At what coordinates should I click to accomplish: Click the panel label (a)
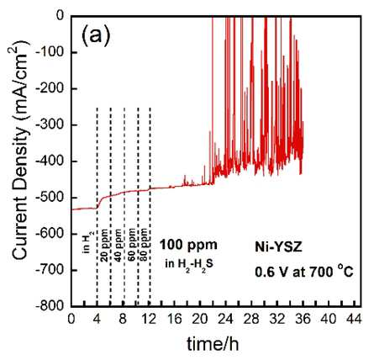click(96, 35)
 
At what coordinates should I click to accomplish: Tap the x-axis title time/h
click(213, 344)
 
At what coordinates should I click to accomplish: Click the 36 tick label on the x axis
click(303, 320)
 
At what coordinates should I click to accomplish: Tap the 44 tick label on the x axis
click(354, 320)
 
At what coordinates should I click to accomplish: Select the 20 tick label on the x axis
click(201, 320)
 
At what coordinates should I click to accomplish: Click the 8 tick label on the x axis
click(123, 320)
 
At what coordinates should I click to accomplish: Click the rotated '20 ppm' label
click(104, 246)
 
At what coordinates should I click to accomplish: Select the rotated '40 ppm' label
click(119, 246)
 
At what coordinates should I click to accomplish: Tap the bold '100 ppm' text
click(189, 245)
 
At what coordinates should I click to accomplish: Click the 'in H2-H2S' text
click(189, 264)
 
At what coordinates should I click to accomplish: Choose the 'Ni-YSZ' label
click(278, 247)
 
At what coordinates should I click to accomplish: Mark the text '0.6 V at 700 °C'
click(304, 272)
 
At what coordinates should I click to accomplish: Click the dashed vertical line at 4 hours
click(97, 206)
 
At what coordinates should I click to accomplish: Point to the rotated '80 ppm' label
click(143, 245)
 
